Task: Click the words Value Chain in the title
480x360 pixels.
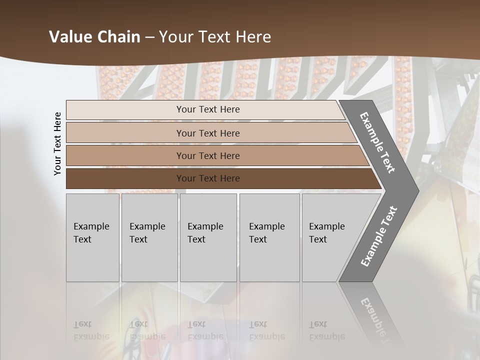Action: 94,37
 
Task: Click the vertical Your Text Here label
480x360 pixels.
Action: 57,143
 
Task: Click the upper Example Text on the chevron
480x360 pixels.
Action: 377,142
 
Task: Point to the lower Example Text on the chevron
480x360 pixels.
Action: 378,236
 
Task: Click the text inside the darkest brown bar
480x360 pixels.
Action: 208,178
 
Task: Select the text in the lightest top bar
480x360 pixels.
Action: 208,109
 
